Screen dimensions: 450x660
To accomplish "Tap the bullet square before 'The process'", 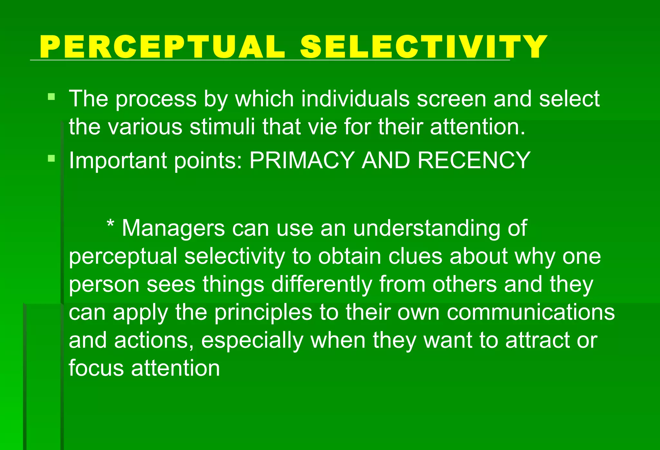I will (x=51, y=97).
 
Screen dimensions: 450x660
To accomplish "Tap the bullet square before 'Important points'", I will (x=51, y=158).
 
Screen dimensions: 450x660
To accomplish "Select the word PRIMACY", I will (x=302, y=160).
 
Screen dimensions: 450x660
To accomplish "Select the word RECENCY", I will (x=474, y=160).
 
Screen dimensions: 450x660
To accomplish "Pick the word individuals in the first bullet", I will (x=355, y=99).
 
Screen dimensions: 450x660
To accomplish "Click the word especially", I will (x=252, y=341).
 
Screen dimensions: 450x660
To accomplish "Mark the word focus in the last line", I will (x=96, y=368).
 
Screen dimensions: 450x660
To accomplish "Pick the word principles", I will (x=263, y=312).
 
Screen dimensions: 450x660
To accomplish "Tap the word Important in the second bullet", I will (x=118, y=161).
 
